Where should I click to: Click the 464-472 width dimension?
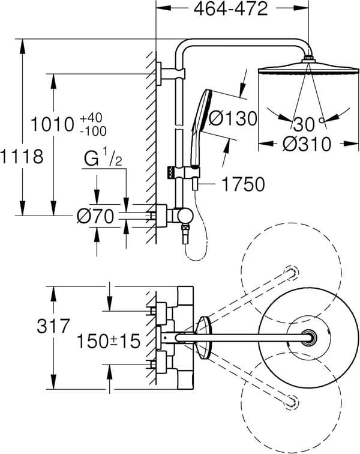(x=230, y=8)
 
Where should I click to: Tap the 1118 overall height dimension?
(x=22, y=156)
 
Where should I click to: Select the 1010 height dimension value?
(x=52, y=124)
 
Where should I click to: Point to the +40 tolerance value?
(x=91, y=118)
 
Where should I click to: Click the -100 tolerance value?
(x=93, y=132)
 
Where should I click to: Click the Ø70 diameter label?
(x=95, y=216)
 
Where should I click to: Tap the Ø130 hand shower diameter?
(x=233, y=118)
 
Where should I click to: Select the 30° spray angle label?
(x=308, y=124)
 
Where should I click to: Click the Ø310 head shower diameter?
(x=307, y=144)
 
